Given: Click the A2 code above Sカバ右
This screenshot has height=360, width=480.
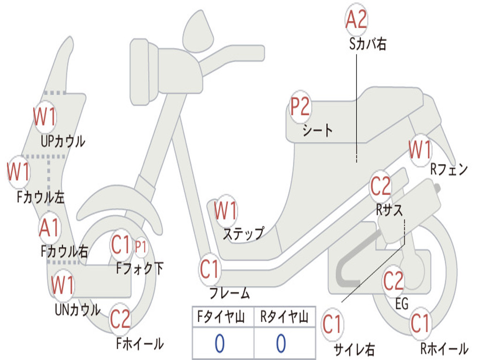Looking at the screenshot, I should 356,19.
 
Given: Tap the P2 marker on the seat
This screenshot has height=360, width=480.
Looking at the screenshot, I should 300,107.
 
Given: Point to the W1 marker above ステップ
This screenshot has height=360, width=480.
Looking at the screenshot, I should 225,211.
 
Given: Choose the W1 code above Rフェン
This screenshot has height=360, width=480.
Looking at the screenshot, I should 420,150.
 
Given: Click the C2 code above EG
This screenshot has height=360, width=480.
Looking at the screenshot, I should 393,281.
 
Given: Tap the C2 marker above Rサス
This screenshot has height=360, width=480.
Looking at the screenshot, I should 381,187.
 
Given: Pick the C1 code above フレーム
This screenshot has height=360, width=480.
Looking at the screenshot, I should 210,270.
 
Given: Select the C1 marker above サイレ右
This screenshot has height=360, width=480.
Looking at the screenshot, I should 332,324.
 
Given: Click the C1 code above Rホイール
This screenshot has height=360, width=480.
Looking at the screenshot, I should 420,323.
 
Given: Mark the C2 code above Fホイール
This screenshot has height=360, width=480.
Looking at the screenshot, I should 120,319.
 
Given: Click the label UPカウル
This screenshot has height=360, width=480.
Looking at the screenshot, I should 63,141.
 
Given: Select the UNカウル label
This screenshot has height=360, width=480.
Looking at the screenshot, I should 77,310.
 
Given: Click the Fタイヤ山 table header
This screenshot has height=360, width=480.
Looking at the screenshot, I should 222,318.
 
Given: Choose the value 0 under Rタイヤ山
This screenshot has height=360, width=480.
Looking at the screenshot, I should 281,344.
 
